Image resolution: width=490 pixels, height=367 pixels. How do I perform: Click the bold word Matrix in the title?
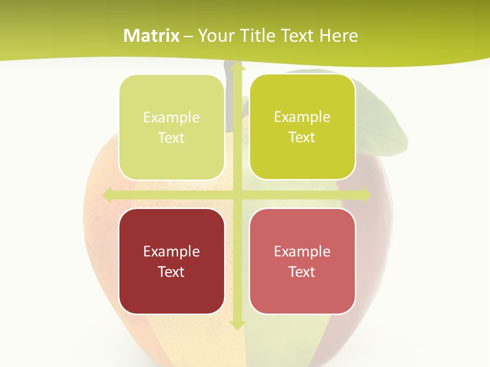tap(152, 36)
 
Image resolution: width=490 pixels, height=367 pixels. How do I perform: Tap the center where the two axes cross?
tap(236, 195)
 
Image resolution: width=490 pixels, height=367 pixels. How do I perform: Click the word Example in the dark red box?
tap(171, 251)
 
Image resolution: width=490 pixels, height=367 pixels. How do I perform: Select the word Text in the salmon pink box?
tap(302, 272)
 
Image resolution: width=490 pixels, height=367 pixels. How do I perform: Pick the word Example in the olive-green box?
tap(302, 117)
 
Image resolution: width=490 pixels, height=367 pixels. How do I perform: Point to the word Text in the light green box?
tap(171, 138)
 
